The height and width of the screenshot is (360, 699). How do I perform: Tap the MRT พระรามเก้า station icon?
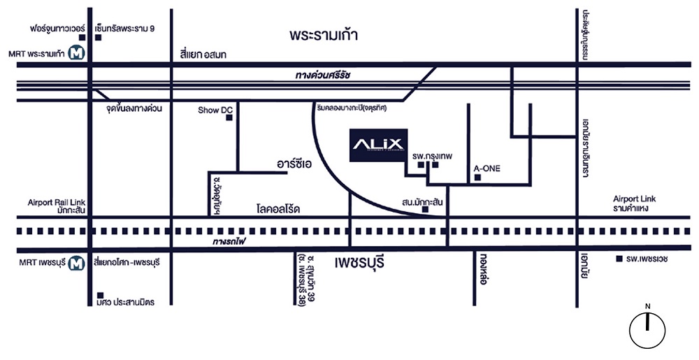click(72, 52)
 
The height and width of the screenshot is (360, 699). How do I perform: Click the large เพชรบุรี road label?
click(360, 264)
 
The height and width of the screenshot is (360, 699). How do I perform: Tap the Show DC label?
click(215, 110)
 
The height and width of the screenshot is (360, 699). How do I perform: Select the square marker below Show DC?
click(229, 118)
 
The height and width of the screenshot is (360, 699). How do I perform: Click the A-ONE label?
click(487, 168)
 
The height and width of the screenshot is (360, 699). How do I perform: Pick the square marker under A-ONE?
click(477, 178)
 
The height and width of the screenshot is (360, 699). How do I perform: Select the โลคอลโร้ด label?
click(278, 208)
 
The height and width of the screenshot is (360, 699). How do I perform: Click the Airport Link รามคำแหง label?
click(635, 203)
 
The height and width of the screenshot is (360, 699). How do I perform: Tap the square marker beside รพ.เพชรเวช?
click(619, 259)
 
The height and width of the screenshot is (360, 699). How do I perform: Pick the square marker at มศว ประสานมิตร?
click(101, 294)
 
